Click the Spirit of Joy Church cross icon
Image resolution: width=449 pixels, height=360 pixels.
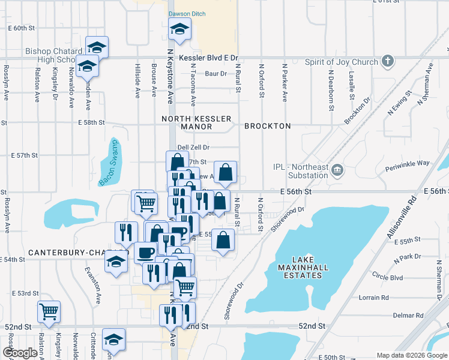click(x=388, y=61)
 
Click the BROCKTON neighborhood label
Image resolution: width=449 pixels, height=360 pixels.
click(x=268, y=126)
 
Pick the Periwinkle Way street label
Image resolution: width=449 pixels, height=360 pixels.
click(x=408, y=163)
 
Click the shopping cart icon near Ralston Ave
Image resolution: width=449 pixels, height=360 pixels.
click(x=48, y=311)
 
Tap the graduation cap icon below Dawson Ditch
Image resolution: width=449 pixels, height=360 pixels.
click(x=179, y=28)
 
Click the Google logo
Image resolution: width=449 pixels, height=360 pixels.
click(x=20, y=353)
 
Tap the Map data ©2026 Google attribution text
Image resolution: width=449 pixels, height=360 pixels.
click(x=411, y=355)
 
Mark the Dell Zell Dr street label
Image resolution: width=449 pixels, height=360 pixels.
click(x=193, y=147)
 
